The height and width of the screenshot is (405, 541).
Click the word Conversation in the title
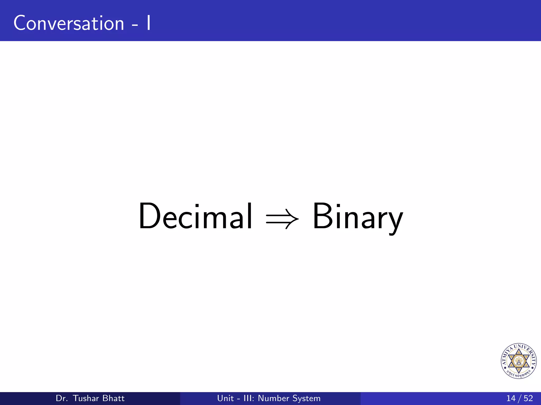click(69, 23)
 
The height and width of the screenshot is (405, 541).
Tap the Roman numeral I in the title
click(149, 23)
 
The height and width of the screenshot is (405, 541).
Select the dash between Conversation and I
click(135, 25)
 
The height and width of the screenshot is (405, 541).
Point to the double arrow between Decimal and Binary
click(282, 219)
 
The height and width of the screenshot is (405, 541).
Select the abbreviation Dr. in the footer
click(62, 398)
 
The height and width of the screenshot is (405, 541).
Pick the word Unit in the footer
click(225, 398)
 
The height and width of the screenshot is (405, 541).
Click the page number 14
click(511, 398)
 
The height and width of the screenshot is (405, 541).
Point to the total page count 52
click(528, 398)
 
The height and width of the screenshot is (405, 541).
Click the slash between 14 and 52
click(519, 398)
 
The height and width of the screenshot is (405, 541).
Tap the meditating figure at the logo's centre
click(519, 361)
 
